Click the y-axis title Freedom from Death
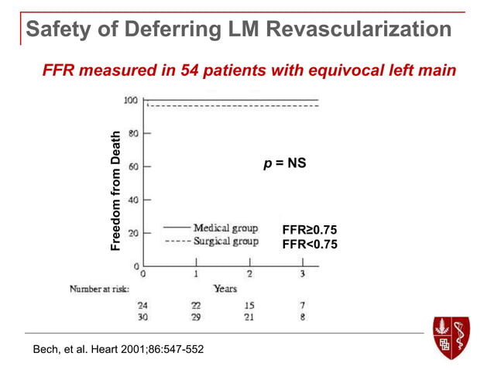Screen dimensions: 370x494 (115, 190)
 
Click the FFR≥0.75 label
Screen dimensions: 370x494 (310, 230)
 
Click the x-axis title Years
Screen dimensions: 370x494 (225, 288)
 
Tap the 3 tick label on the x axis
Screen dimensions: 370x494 (303, 274)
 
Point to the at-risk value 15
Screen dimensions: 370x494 (249, 305)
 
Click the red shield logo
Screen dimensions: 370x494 (451, 337)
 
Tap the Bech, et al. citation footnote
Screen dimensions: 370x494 (118, 349)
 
